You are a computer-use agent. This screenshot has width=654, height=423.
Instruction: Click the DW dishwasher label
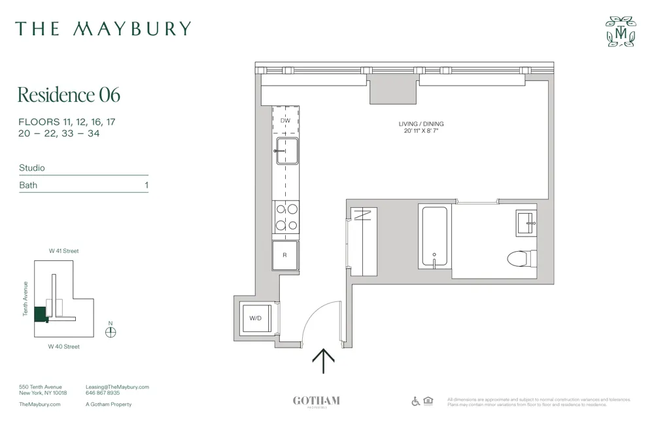pyautogui.click(x=285, y=121)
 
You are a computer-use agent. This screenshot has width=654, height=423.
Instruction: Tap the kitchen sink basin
pyautogui.click(x=286, y=150)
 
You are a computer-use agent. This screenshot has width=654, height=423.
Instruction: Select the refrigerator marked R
pyautogui.click(x=284, y=255)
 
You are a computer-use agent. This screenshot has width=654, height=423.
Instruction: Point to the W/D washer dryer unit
pyautogui.click(x=256, y=318)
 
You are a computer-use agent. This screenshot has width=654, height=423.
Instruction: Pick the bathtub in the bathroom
pyautogui.click(x=434, y=236)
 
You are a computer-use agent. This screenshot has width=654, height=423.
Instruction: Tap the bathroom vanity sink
pyautogui.click(x=526, y=222)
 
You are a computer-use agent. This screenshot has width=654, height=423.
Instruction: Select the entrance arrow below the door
pyautogui.click(x=323, y=360)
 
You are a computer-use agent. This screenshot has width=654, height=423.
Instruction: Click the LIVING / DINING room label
pyautogui.click(x=421, y=124)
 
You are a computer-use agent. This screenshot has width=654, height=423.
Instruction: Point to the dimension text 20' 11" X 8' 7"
pyautogui.click(x=421, y=131)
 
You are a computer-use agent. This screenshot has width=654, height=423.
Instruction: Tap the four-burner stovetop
pyautogui.click(x=286, y=216)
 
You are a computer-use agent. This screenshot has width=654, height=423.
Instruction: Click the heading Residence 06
pyautogui.click(x=69, y=95)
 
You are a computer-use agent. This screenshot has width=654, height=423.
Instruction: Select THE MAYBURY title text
pyautogui.click(x=103, y=29)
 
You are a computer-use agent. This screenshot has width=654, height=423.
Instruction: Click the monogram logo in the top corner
pyautogui.click(x=620, y=31)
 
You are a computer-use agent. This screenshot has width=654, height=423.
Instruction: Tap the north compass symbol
pyautogui.click(x=111, y=331)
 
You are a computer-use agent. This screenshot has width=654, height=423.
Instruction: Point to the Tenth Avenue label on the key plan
pyautogui.click(x=26, y=299)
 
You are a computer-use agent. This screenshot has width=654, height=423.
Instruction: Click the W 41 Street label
pyautogui.click(x=63, y=251)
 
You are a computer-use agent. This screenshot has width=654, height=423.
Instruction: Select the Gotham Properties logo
pyautogui.click(x=316, y=401)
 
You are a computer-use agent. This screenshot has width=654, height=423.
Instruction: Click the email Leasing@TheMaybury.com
pyautogui.click(x=117, y=387)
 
